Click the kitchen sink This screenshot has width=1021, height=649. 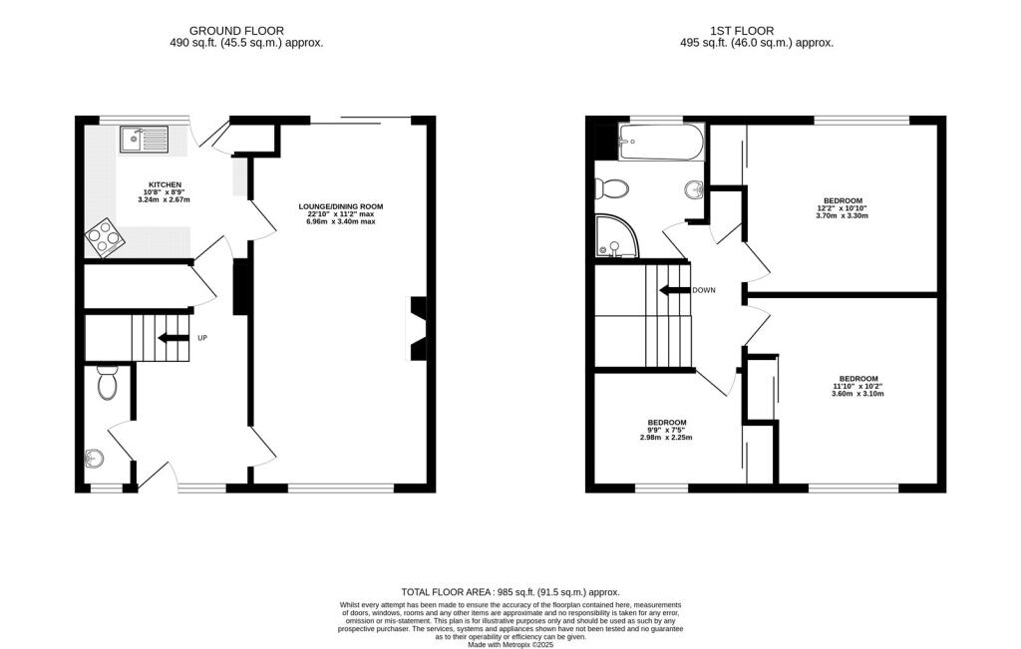[145, 139]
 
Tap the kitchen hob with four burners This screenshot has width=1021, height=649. [103, 236]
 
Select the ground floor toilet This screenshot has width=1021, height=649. [108, 381]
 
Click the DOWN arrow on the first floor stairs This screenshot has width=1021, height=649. [675, 290]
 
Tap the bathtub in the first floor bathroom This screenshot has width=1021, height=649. [660, 142]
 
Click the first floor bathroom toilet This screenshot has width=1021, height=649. [611, 186]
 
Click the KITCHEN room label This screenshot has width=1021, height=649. [165, 185]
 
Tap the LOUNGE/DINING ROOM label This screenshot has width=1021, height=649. [341, 206]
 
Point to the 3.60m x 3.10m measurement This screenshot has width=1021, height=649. [857, 394]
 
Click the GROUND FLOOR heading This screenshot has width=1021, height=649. [245, 31]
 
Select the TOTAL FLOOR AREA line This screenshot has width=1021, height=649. [510, 590]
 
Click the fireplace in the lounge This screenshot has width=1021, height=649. [418, 328]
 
